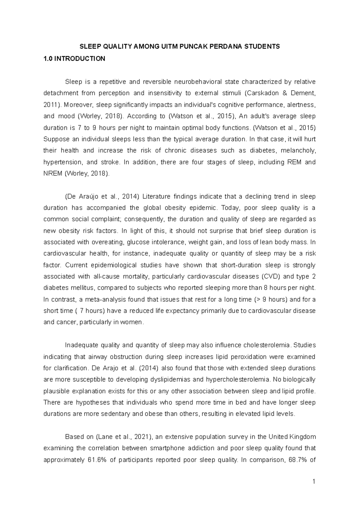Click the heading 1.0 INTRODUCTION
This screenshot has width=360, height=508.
74,59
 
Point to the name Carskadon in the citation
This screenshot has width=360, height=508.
262,93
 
